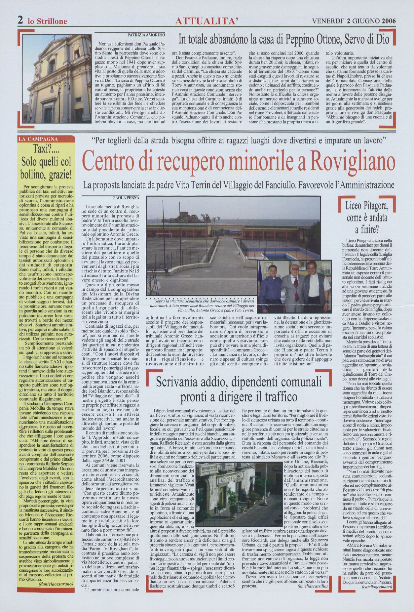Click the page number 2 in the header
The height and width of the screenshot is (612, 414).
tap(20, 20)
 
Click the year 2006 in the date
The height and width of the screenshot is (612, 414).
tap(389, 21)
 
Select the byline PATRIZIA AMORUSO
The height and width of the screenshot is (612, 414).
tap(146, 34)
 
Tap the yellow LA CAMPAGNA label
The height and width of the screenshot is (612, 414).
tap(39, 139)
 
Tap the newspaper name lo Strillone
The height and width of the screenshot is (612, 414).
tap(47, 21)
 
